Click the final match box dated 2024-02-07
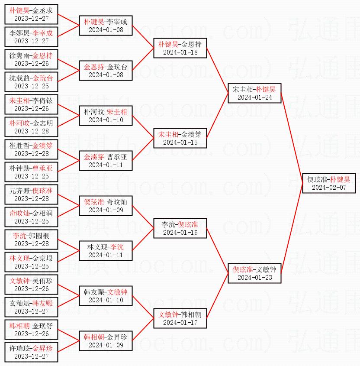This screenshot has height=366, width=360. [x=329, y=183]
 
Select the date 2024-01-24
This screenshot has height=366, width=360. [x=255, y=97]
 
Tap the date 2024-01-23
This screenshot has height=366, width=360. [x=255, y=278]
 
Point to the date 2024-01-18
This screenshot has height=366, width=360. [x=180, y=52]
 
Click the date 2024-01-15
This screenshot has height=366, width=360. [x=180, y=143]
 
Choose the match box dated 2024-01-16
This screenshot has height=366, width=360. [x=180, y=228]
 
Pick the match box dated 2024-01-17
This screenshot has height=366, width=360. [x=180, y=318]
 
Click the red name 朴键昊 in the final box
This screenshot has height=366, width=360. [x=340, y=179]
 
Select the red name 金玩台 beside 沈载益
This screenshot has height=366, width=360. [x=43, y=78]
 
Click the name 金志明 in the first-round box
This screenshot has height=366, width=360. [x=43, y=123]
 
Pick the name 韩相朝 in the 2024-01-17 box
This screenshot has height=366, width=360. [x=192, y=314]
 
